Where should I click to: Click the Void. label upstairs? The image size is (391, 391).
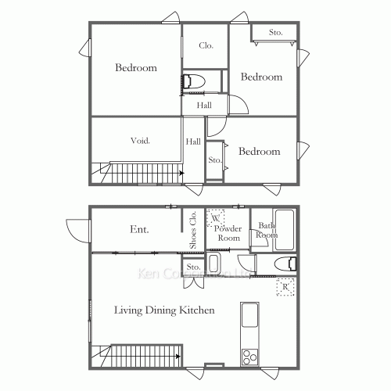(x=140, y=141)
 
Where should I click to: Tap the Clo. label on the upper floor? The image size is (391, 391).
(x=206, y=45)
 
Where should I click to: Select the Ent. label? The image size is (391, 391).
(x=139, y=230)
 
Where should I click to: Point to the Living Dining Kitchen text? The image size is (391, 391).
(x=164, y=310)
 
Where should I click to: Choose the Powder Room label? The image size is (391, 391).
(x=228, y=232)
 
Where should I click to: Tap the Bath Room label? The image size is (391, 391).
(x=267, y=231)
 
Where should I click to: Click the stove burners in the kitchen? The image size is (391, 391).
(x=251, y=357)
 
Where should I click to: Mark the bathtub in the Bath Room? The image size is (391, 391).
(x=285, y=228)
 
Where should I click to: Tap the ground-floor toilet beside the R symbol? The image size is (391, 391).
(x=285, y=263)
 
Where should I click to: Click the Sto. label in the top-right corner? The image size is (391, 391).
(x=275, y=33)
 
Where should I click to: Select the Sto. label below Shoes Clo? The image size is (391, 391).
(x=194, y=267)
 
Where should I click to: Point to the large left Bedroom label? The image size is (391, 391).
(x=136, y=68)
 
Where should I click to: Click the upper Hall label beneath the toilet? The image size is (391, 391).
(x=204, y=106)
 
